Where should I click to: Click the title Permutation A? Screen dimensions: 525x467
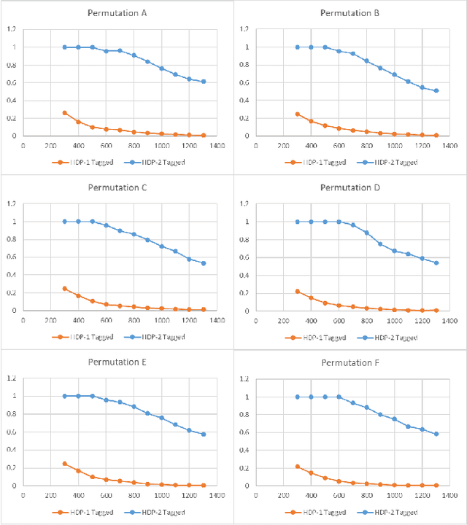coord(117,13)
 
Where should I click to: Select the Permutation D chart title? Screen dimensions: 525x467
coord(350,187)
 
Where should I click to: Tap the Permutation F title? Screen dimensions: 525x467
coord(350,362)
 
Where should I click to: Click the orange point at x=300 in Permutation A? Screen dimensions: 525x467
coord(65,113)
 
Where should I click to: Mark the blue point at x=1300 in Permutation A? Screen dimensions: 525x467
coord(203,82)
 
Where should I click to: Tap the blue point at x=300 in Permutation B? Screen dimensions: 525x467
coord(297,47)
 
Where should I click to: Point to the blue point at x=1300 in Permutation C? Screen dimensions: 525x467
coord(203,263)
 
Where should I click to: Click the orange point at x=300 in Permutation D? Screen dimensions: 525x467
coord(297,292)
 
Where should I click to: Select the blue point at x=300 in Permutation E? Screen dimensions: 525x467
coord(65,396)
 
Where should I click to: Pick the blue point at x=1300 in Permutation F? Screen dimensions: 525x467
coord(436,434)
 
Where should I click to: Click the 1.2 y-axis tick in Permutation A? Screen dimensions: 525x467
coord(9,29)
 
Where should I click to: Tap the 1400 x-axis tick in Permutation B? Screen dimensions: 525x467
coord(449,146)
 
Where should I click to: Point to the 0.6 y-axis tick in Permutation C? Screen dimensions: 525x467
coord(9,257)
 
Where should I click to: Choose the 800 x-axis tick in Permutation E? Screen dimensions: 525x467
coord(134,495)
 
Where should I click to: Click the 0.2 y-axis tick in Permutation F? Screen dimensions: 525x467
coord(242,468)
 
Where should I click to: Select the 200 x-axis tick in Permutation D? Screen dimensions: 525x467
coord(283,321)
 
